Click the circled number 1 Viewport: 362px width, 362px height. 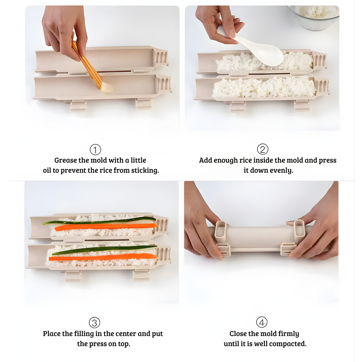tap(95, 150)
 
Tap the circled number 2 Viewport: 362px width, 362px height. tap(263, 149)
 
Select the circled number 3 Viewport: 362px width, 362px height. tap(94, 323)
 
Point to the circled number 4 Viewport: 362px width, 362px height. tap(262, 322)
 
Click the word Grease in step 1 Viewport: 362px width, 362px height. tap(66, 160)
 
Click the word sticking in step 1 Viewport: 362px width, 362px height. tap(145, 171)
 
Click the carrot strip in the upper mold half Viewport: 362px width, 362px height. tap(105, 227)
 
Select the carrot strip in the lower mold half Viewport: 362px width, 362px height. tap(103, 257)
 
